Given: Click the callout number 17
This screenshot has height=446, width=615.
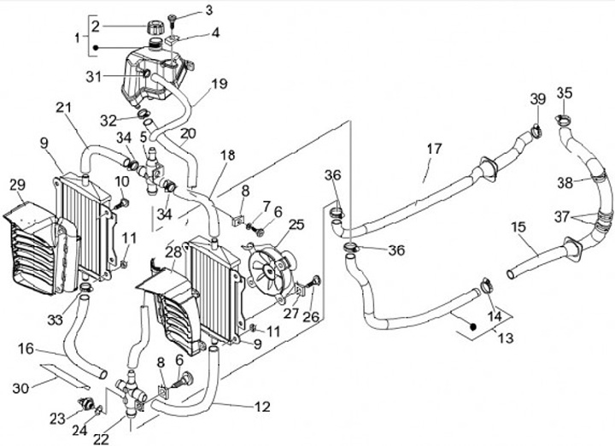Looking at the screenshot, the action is [x=434, y=149].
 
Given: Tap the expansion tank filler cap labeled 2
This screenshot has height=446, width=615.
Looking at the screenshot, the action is [x=154, y=28].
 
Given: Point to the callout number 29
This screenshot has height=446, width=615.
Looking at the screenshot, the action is [x=18, y=185].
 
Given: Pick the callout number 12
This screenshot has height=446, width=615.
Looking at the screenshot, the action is [x=262, y=407].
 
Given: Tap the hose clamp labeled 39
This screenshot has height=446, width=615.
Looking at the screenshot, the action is [x=536, y=131].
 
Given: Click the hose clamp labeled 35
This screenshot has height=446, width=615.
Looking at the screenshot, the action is [x=563, y=120].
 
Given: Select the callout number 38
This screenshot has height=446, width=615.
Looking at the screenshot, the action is [x=565, y=182].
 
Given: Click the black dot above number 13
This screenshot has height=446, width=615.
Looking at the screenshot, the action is [x=472, y=326].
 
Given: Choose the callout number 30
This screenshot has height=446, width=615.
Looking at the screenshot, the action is [x=20, y=389].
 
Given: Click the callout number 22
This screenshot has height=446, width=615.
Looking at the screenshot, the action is [x=101, y=439].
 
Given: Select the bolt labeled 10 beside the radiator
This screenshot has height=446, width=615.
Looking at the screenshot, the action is [x=122, y=203].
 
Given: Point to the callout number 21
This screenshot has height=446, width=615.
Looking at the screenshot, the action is [x=64, y=107].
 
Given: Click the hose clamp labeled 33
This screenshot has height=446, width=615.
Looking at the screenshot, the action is [x=86, y=287].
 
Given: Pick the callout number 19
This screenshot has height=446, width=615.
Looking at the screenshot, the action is [x=220, y=84].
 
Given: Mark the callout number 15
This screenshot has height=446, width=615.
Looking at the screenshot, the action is [x=518, y=227].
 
